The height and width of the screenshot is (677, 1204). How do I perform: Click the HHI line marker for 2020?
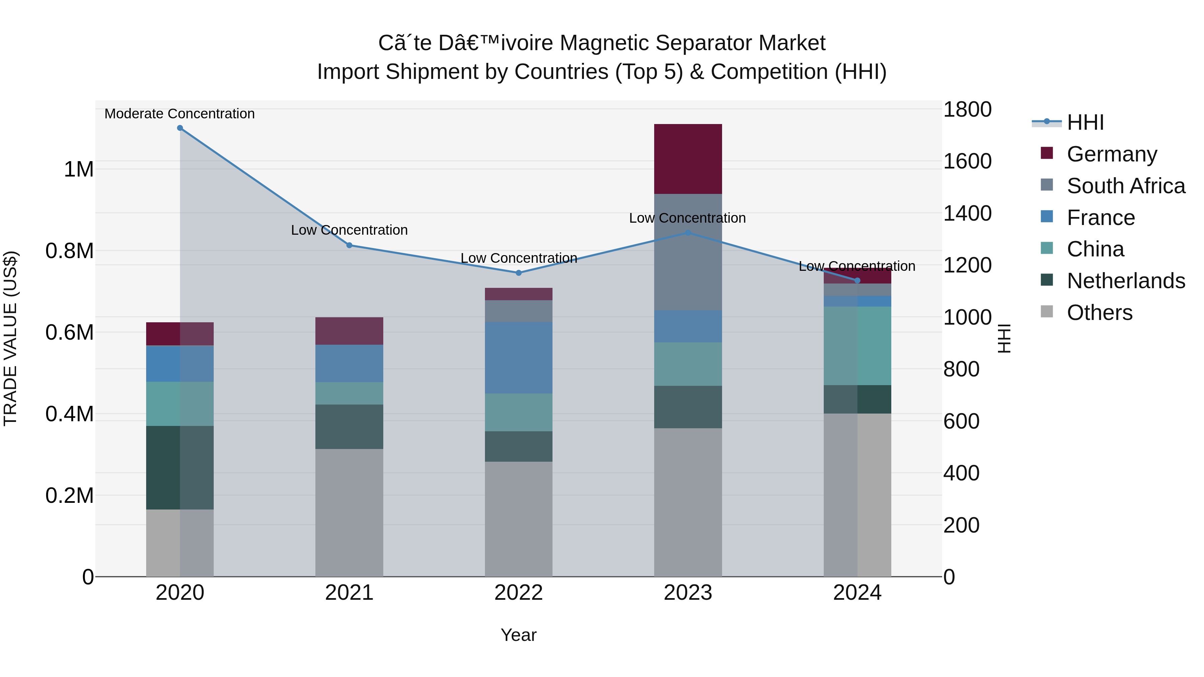tap(180, 128)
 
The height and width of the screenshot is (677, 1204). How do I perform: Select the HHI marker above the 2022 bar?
tap(518, 273)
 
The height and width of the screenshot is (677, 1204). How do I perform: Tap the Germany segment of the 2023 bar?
tap(688, 159)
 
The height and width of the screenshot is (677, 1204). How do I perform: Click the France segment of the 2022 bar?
tap(518, 357)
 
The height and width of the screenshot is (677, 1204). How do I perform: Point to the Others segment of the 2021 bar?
tap(349, 513)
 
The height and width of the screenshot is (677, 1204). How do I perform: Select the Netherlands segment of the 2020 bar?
tap(180, 467)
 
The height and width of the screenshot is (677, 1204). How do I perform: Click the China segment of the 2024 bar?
tap(857, 346)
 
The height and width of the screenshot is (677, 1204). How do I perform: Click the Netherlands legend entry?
tap(1125, 281)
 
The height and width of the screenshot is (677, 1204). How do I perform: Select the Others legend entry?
tap(1099, 313)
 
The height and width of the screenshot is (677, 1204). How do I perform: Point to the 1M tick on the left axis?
tap(79, 169)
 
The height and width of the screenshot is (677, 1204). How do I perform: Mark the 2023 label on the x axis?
tap(688, 593)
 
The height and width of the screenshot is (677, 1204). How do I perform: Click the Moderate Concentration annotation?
tap(180, 114)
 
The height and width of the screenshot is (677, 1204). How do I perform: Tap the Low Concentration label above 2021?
tap(349, 230)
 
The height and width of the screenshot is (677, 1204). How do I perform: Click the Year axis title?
tap(518, 635)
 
